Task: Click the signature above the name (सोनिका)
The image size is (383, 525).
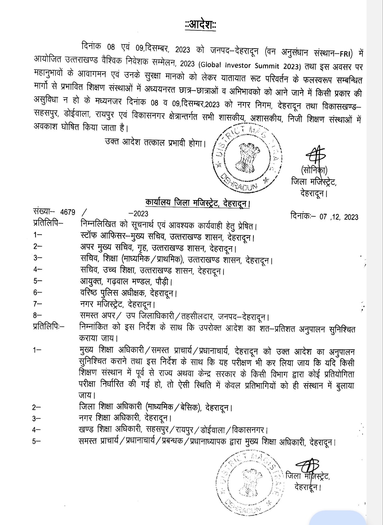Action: pyautogui.click(x=315, y=154)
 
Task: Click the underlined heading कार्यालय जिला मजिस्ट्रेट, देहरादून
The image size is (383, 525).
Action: pyautogui.click(x=197, y=203)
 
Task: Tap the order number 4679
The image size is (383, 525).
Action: pyautogui.click(x=68, y=212)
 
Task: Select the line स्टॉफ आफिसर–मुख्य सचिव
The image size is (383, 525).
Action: pyautogui.click(x=167, y=237)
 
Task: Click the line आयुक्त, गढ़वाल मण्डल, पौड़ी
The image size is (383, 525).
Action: pyautogui.click(x=126, y=281)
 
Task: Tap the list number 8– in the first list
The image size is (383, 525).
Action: pyautogui.click(x=37, y=315)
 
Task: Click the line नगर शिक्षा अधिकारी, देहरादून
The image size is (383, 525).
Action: pyautogui.click(x=125, y=418)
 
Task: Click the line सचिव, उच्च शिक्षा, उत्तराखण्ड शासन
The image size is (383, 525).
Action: pyautogui.click(x=152, y=270)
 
